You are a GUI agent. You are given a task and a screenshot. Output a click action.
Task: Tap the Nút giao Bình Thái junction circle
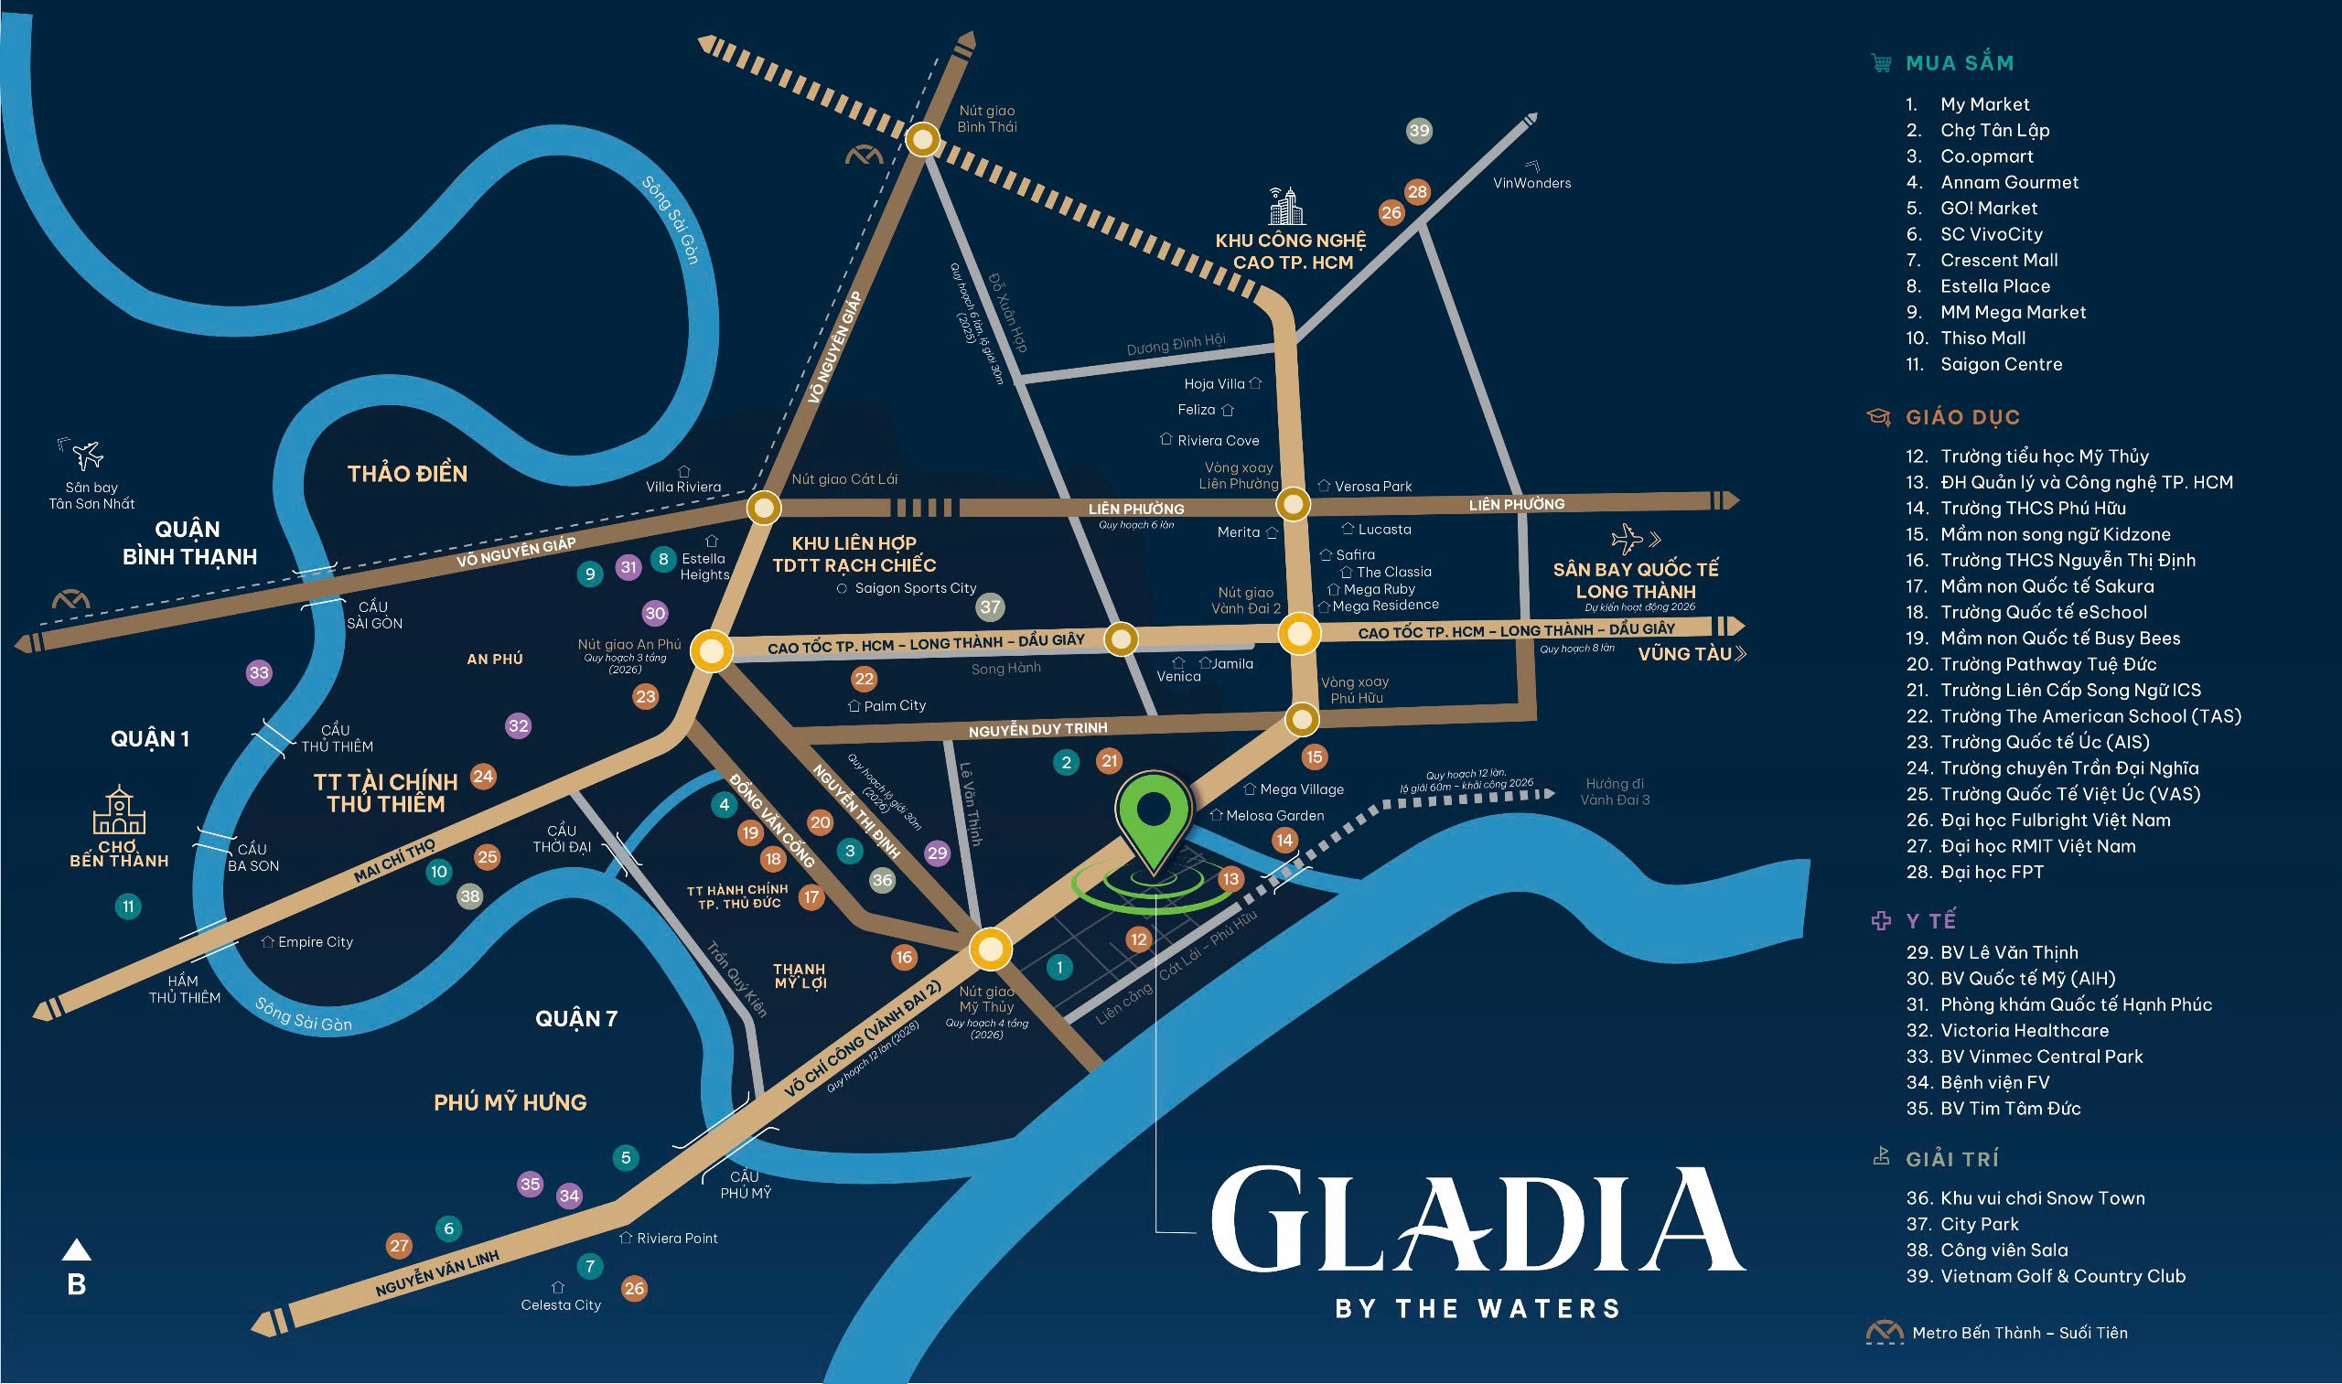(922, 140)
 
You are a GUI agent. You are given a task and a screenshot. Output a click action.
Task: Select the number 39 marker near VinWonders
(1419, 131)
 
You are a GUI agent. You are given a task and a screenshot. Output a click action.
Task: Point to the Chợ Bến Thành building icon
(119, 810)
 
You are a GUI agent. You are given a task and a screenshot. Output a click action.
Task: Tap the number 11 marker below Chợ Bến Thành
(128, 906)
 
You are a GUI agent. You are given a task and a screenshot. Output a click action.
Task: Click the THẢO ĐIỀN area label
(408, 474)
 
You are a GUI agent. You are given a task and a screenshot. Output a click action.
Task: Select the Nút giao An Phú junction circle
(712, 650)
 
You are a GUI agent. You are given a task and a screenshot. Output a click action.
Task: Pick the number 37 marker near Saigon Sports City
(990, 607)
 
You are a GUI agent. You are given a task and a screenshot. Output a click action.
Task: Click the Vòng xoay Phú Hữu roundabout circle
(1301, 719)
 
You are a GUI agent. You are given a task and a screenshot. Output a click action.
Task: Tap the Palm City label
(894, 706)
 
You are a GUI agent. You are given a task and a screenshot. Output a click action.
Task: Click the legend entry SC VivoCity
(1991, 234)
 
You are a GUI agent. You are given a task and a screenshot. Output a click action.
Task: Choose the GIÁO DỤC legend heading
(1962, 417)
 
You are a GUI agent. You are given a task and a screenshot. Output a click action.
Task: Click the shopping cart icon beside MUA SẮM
(1881, 62)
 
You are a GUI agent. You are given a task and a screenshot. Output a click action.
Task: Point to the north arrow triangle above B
(77, 1250)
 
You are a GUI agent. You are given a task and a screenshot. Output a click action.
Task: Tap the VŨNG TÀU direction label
(1683, 654)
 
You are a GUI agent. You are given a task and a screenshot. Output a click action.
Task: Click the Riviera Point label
(676, 1239)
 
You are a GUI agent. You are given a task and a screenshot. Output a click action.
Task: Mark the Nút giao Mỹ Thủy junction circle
(990, 949)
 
